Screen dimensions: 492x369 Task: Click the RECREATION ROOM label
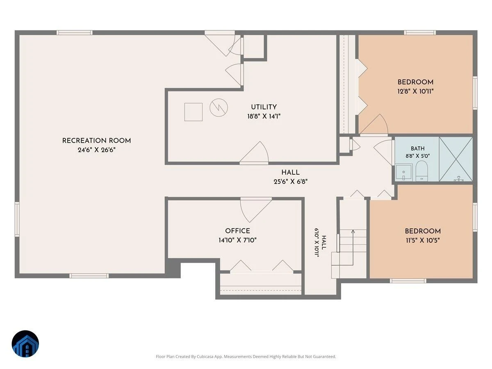tap(96, 141)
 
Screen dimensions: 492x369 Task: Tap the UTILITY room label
tap(264, 107)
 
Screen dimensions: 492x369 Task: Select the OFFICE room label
tap(237, 231)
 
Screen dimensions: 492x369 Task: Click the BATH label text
tap(417, 148)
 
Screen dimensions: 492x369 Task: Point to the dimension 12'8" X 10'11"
tap(415, 91)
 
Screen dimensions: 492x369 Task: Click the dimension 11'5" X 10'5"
tap(423, 240)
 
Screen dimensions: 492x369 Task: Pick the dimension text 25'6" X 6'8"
tap(290, 182)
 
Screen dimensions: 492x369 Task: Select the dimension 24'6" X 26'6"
tap(96, 150)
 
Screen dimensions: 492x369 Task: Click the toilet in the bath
tap(421, 171)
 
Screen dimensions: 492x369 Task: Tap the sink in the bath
tap(403, 173)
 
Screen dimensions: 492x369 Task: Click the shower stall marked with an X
tap(456, 159)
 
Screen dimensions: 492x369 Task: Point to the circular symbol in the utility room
tap(219, 107)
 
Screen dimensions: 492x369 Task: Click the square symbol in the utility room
tap(193, 112)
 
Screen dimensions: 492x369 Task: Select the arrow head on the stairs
tap(353, 231)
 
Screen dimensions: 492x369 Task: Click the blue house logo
tap(25, 344)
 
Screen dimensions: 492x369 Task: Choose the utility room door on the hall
tap(254, 153)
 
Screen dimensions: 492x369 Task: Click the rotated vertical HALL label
tap(324, 242)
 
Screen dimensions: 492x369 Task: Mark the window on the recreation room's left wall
tap(17, 219)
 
